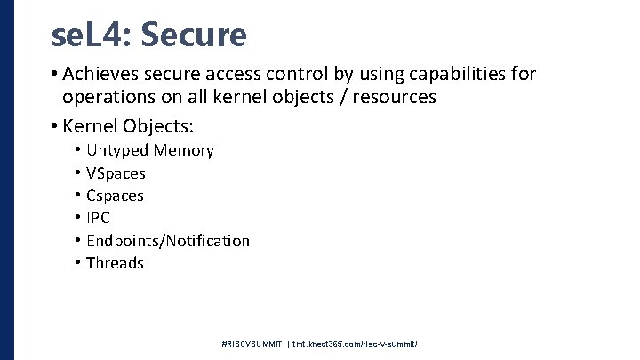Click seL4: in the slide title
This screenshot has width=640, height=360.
tap(92, 35)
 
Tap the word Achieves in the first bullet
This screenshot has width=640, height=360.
tap(100, 75)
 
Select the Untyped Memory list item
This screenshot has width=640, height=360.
tap(150, 150)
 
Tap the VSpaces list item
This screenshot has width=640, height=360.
tap(116, 172)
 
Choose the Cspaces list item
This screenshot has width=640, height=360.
tap(116, 196)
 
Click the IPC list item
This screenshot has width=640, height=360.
tap(99, 218)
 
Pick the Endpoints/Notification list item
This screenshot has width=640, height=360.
tap(168, 240)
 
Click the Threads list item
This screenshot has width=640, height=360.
tap(115, 263)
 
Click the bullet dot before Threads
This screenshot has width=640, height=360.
tap(78, 263)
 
